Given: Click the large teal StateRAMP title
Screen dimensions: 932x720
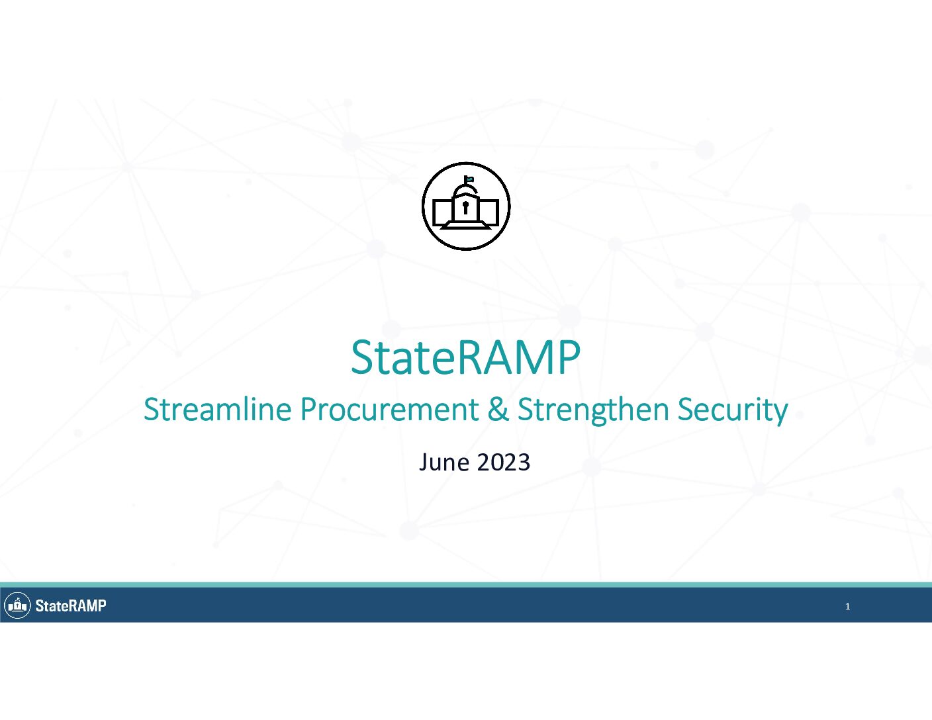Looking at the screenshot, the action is tap(465, 357).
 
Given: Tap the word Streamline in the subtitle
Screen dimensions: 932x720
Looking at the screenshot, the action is tap(218, 409).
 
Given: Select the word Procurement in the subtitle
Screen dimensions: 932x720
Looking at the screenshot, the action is tap(389, 409).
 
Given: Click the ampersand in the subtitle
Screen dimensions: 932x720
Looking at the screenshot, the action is tap(498, 409).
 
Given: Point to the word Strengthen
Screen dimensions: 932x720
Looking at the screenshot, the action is tap(592, 410).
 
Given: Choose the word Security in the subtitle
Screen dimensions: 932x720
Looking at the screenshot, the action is tap(733, 410).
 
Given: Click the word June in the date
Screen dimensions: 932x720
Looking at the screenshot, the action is tap(444, 463).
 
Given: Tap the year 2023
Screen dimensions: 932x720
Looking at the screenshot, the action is tap(503, 463).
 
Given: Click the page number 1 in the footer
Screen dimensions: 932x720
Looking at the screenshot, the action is tap(847, 606).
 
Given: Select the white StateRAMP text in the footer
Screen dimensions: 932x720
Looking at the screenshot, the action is tap(70, 606).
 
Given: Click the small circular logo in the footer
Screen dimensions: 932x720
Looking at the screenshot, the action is tap(17, 606).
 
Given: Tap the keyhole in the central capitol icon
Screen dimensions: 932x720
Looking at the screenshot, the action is tap(466, 208).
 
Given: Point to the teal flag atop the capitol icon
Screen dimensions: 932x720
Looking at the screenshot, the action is tap(469, 179).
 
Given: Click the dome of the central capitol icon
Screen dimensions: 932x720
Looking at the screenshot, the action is tap(466, 191).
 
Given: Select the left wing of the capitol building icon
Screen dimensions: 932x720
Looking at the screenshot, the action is tap(442, 212).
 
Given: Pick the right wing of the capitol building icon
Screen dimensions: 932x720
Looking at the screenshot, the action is tap(489, 212).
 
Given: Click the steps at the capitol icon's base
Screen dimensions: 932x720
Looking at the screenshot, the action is tap(466, 225).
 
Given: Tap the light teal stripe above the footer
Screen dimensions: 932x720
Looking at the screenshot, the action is tap(466, 584).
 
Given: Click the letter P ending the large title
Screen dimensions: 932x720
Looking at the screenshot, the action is tap(569, 357).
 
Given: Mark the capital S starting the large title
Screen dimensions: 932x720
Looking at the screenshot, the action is tap(361, 357).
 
